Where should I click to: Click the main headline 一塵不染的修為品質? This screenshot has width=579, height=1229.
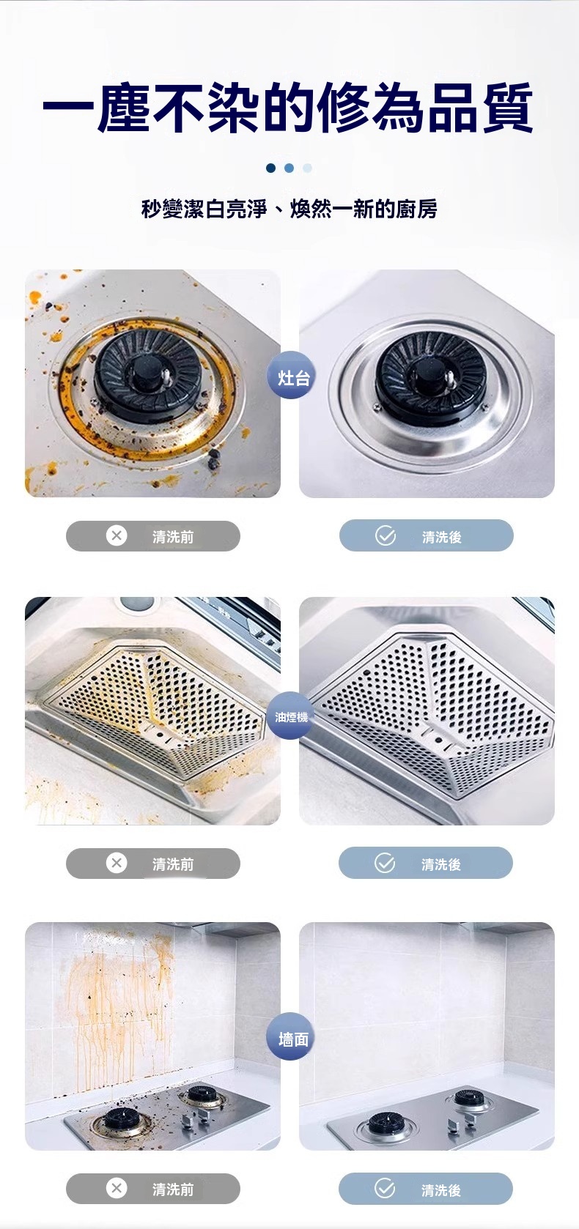coord(287,107)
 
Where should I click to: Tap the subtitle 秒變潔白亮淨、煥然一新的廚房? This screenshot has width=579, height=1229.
coord(289,209)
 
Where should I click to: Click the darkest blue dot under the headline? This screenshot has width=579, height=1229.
coord(270,168)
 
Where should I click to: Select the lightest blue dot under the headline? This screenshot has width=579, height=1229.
coord(307,168)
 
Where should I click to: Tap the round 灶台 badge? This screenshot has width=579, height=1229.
coord(292,376)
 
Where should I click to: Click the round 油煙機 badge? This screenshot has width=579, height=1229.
coord(291,716)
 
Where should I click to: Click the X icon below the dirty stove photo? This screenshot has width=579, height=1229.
coord(117,535)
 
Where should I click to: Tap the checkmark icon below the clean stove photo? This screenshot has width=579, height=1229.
coord(386,535)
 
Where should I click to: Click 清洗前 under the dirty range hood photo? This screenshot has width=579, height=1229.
coord(173,864)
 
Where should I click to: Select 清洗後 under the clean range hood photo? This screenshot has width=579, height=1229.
coord(441,864)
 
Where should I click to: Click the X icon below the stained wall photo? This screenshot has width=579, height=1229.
coord(117,1189)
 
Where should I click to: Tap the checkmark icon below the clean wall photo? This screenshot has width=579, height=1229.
coord(385,1189)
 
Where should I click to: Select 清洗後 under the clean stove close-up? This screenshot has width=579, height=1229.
coord(442,537)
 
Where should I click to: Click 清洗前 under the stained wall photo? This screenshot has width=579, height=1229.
coord(173,1189)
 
